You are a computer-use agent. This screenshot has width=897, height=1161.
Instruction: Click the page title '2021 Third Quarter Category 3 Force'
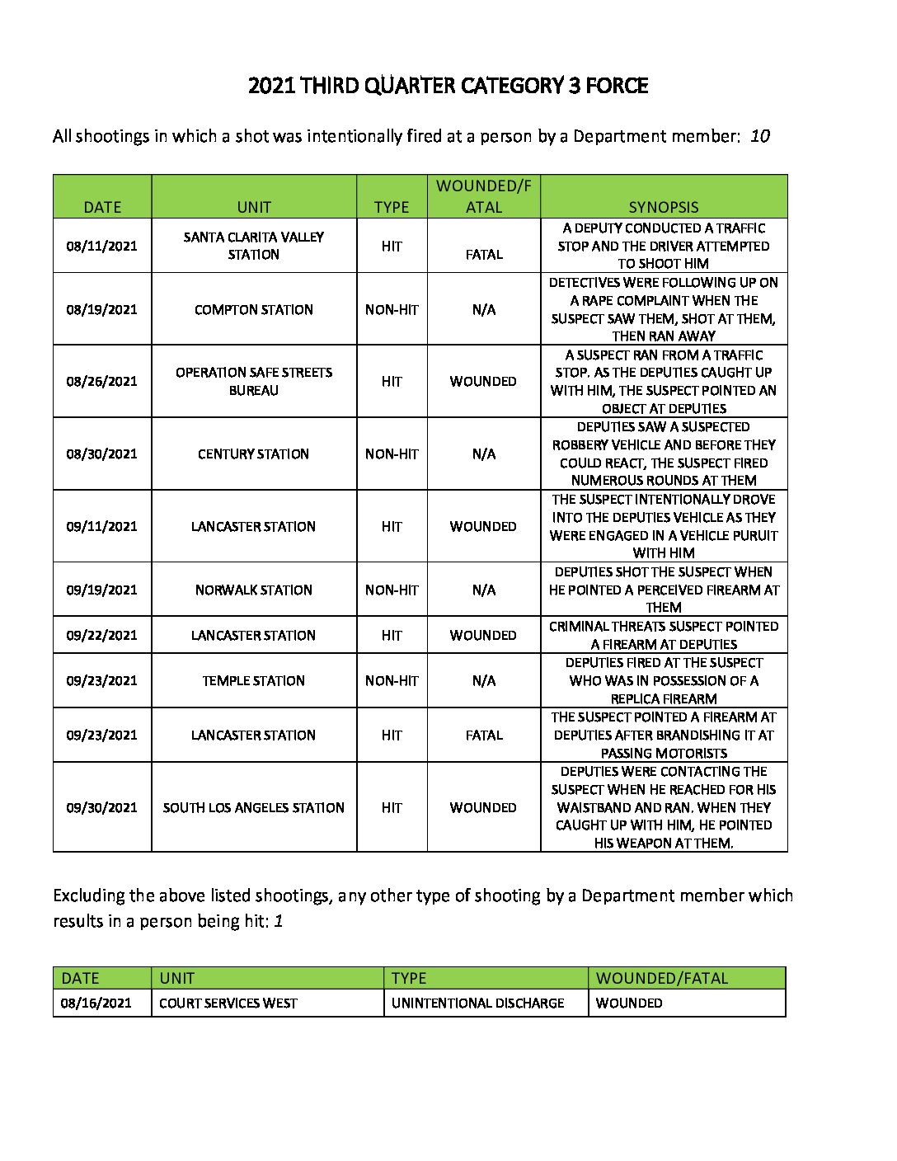pos(448,86)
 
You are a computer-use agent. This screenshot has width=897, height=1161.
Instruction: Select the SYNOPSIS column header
pos(663,207)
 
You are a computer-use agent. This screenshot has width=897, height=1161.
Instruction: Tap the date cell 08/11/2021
pos(101,246)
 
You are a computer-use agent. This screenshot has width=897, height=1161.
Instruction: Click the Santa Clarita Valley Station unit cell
pos(253,246)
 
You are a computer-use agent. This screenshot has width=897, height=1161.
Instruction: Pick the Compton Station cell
pos(253,310)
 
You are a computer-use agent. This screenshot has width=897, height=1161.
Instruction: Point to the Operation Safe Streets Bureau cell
pos(253,381)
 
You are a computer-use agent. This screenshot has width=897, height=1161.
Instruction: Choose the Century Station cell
pos(253,454)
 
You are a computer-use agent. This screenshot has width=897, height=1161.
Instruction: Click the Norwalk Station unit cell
pos(253,590)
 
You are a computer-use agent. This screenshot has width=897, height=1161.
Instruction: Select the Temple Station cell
pos(253,680)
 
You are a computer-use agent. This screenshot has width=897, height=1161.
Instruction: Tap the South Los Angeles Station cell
pos(253,807)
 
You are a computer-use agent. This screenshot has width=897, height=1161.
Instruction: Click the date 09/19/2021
pos(101,590)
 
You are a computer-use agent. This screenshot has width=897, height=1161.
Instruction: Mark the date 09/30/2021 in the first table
pos(101,807)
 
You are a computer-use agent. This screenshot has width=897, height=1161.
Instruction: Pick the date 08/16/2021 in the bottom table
pos(96,1003)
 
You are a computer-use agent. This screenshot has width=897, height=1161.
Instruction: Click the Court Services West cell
pos(228,1003)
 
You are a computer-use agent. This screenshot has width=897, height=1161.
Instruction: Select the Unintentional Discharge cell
pos(477,1003)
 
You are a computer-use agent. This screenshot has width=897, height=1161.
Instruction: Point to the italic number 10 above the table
pos(759,136)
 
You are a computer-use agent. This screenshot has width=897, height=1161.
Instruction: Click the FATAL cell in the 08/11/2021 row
pos(483,255)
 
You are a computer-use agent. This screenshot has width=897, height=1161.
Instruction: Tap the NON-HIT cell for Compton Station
pos(392,310)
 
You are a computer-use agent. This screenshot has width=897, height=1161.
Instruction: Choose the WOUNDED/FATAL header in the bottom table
pos(661,978)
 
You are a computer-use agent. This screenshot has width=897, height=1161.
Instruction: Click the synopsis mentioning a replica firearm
pos(663,680)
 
